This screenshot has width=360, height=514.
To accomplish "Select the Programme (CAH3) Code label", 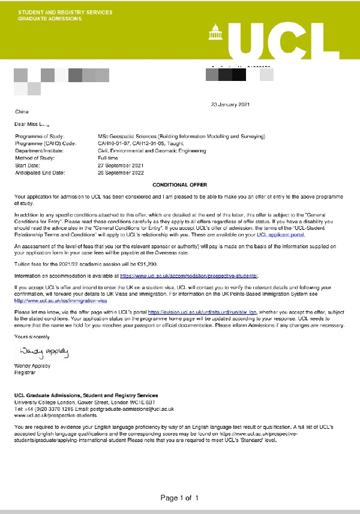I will (46, 144).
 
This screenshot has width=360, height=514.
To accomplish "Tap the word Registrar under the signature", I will (25, 372).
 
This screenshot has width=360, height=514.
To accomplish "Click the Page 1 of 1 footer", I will (179, 498).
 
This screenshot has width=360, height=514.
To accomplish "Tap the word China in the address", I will (21, 112).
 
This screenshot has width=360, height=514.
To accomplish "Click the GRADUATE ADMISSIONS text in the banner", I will (47, 19).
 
